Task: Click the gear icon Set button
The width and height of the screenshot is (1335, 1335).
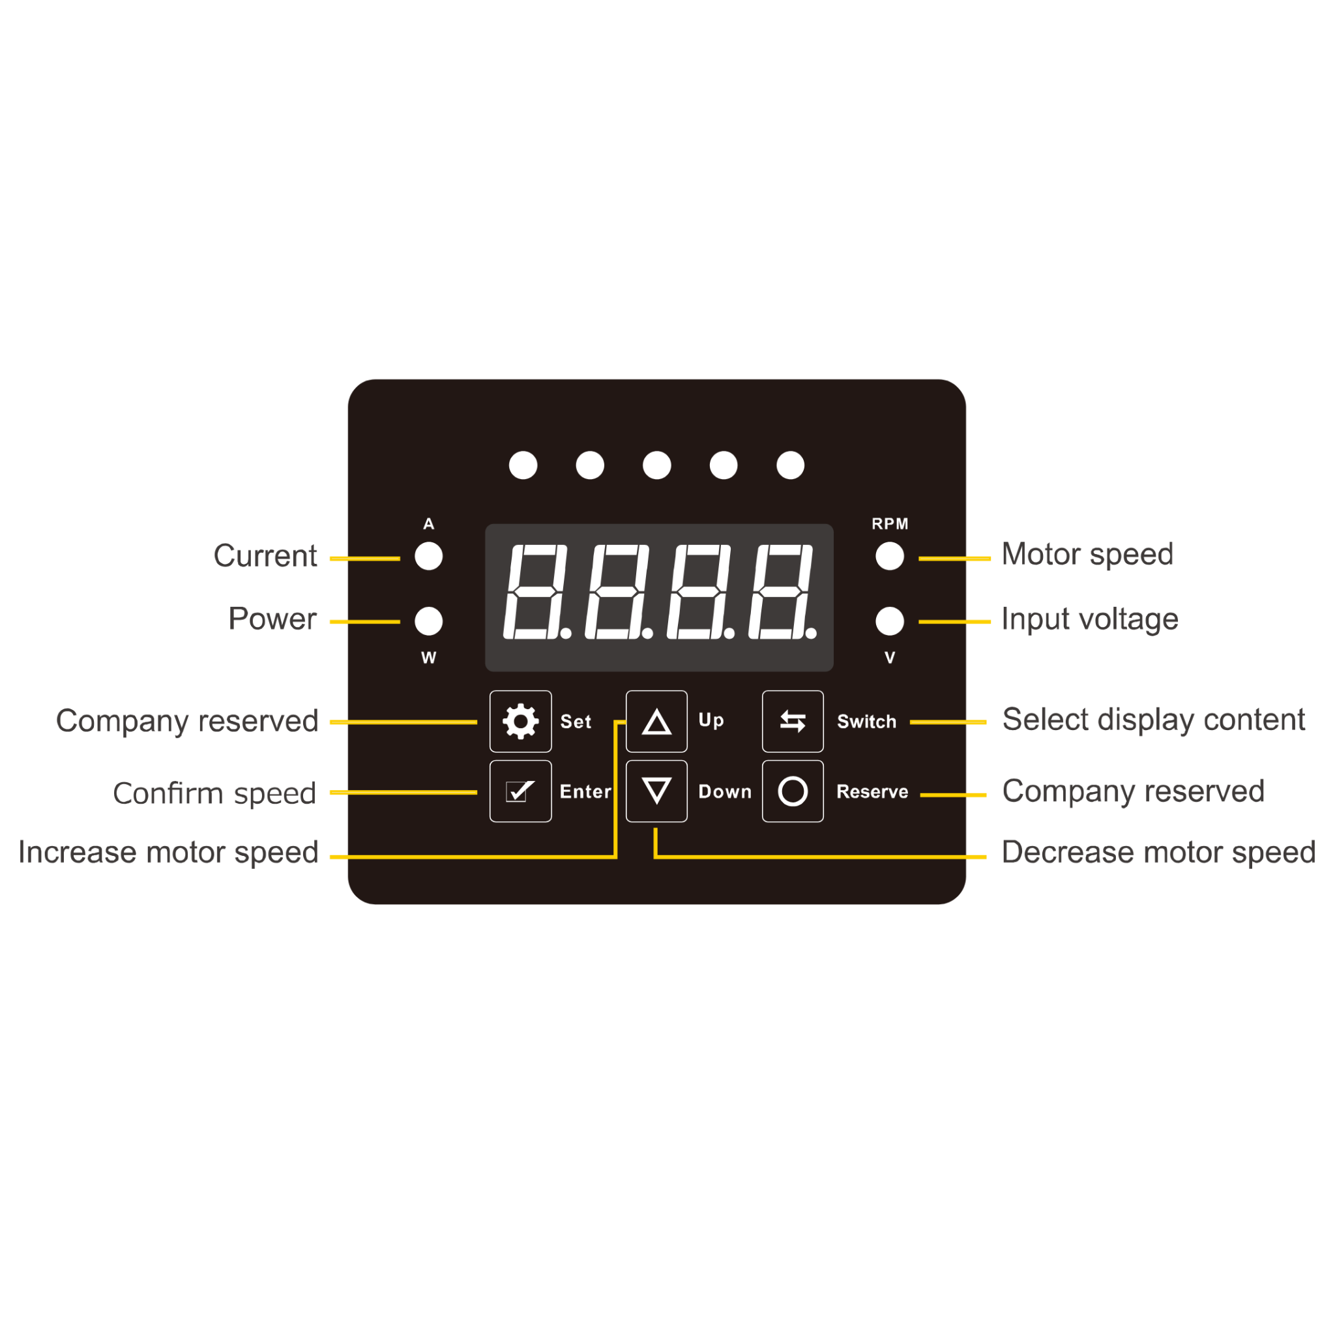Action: click(520, 722)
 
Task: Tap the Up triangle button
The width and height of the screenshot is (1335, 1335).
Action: click(656, 722)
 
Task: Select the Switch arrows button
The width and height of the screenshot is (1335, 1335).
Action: click(793, 722)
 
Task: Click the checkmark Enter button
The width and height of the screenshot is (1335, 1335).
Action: click(520, 791)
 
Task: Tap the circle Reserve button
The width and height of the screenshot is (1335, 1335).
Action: click(793, 791)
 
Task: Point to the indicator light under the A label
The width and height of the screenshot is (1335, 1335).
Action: click(428, 556)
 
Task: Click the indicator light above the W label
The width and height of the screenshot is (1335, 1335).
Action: click(428, 621)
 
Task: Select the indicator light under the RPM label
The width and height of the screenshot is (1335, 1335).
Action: click(889, 556)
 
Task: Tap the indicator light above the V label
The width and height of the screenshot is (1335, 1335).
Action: click(889, 621)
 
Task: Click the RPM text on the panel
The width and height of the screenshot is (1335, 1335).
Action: click(889, 524)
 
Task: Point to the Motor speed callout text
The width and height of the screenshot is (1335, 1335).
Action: click(1087, 554)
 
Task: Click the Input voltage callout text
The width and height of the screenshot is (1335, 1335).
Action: click(1090, 619)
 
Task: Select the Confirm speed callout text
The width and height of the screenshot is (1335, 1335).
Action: click(214, 793)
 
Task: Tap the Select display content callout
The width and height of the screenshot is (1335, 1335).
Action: click(1153, 720)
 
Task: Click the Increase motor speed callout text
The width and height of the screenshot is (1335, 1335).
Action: click(168, 852)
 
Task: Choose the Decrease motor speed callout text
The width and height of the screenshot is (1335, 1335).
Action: click(1158, 852)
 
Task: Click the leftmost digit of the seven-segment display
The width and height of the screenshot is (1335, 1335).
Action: click(535, 592)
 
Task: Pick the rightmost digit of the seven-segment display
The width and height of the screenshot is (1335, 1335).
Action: click(780, 592)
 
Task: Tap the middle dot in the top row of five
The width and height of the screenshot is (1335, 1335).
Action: click(656, 465)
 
